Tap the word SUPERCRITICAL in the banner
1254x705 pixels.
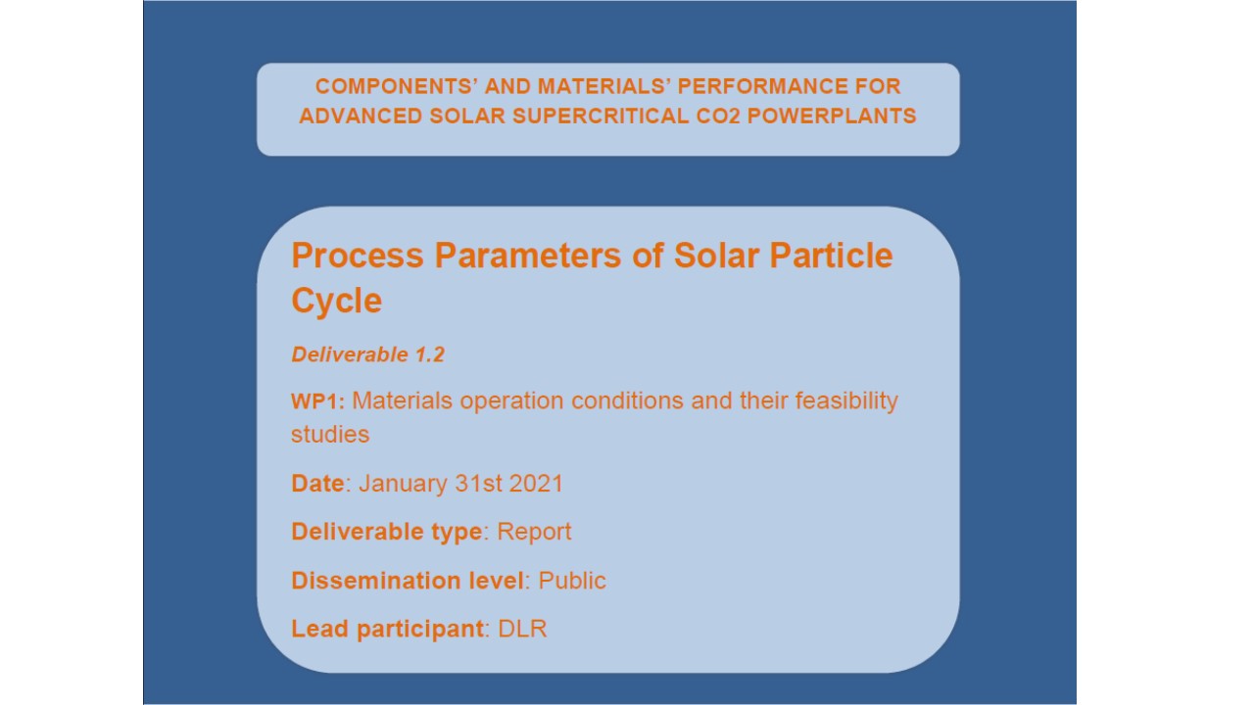(601, 117)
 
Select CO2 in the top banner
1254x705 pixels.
(718, 117)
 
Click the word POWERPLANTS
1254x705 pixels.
(832, 117)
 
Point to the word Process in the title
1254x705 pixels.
(358, 256)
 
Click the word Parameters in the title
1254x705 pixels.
(528, 256)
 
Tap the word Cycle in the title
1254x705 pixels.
(336, 301)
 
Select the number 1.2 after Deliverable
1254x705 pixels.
(429, 354)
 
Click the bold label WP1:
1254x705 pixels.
(318, 401)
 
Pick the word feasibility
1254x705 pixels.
(846, 401)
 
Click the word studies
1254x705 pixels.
(330, 435)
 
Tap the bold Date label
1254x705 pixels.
(317, 484)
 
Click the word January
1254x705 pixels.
(403, 484)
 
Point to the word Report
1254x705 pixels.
(534, 532)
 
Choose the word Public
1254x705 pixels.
(572, 581)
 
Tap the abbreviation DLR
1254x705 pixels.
(522, 629)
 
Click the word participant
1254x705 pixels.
(420, 630)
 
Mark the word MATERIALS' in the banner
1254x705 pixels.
(604, 87)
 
